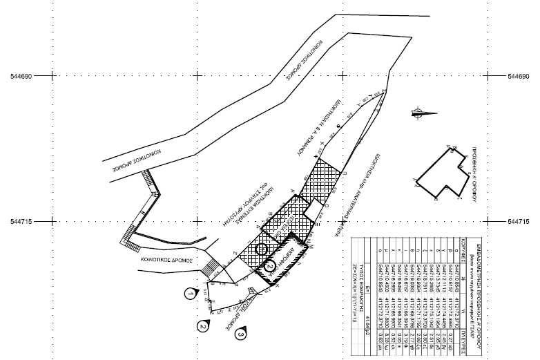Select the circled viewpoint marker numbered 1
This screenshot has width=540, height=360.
pyautogui.click(x=189, y=294)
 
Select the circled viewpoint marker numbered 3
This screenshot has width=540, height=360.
pyautogui.click(x=240, y=335)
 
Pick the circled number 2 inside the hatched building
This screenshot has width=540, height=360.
pyautogui.click(x=271, y=263)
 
